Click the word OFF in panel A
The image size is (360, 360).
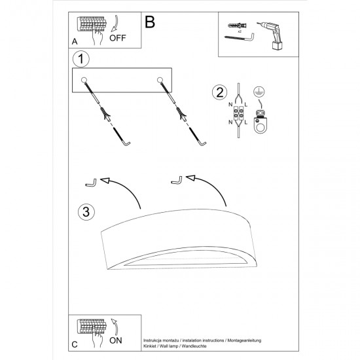pyautogui.click(x=118, y=38)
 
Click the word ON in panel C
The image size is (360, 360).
pyautogui.click(x=116, y=340)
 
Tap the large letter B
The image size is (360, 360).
pyautogui.click(x=150, y=22)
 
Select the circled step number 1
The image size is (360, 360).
pyautogui.click(x=81, y=59)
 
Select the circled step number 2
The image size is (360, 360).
pyautogui.click(x=220, y=92)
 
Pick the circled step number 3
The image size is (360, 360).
pyautogui.click(x=86, y=211)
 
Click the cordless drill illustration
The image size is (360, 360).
pyautogui.click(x=272, y=35)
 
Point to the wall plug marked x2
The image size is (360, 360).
pyautogui.click(x=238, y=25)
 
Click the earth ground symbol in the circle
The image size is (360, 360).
pyautogui.click(x=259, y=92)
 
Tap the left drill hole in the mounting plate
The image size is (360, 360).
pyautogui.click(x=84, y=80)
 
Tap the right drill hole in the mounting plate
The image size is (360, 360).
pyautogui.click(x=160, y=80)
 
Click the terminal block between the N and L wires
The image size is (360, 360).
pyautogui.click(x=238, y=113)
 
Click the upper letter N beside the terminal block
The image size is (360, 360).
pyautogui.click(x=230, y=105)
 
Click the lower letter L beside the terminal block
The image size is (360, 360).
pyautogui.click(x=246, y=122)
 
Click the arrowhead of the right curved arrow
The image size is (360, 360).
pyautogui.click(x=190, y=178)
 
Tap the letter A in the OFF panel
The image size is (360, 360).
pyautogui.click(x=75, y=41)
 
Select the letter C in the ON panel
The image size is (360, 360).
pyautogui.click(x=75, y=344)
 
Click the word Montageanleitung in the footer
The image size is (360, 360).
pyautogui.click(x=244, y=340)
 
